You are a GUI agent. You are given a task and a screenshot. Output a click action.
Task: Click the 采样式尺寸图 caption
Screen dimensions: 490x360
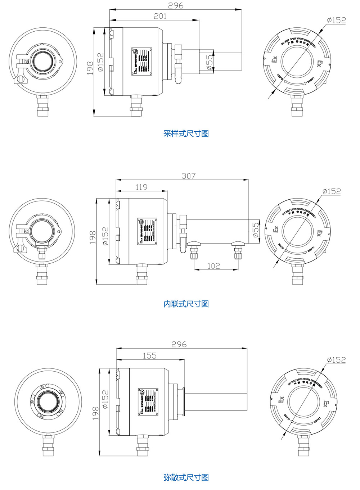coord(186,134)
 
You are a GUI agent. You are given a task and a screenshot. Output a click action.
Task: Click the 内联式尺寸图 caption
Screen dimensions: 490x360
coord(186,304)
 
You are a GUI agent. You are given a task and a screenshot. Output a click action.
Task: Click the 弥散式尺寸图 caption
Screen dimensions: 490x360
coord(186,477)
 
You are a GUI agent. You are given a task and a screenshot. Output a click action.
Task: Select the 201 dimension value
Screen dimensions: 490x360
coord(160,16)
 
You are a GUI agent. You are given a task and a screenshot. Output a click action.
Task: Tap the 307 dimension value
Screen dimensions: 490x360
coord(189,176)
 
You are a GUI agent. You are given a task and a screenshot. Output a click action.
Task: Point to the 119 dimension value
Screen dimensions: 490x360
coord(141,187)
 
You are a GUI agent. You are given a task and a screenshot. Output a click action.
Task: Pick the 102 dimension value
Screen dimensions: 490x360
coord(213,266)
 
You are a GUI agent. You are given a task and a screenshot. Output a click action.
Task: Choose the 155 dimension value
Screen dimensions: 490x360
coord(149,355)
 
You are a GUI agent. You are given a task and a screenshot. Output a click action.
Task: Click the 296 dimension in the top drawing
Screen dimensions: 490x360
coord(176,5)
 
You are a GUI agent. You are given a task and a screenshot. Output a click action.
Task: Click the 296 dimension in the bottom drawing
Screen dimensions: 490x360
coord(179,344)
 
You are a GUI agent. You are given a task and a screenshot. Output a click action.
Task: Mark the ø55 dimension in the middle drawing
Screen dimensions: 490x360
coord(255,230)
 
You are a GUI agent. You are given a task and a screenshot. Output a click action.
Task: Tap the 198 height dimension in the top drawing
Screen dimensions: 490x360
coord(90,68)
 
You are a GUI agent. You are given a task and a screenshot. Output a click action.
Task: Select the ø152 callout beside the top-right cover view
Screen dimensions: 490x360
coord(336,21)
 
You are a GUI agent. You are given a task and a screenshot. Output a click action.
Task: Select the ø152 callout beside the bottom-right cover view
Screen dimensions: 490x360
coord(336,360)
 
